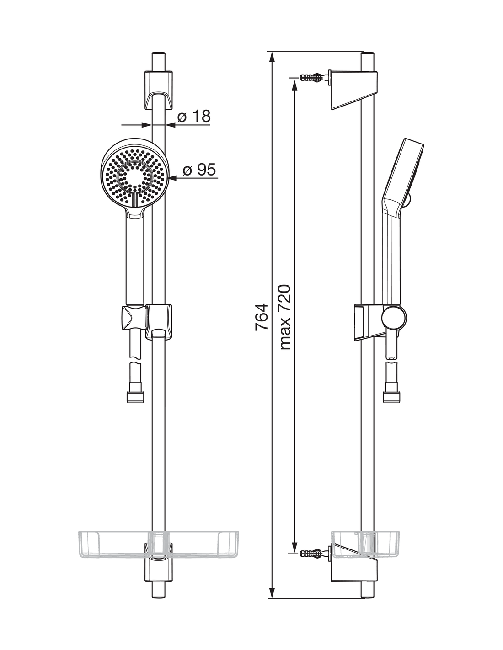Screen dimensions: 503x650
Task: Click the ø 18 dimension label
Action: pyautogui.click(x=193, y=116)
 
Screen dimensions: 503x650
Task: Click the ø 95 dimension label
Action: pyautogui.click(x=199, y=170)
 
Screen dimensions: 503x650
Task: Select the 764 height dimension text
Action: pyautogui.click(x=262, y=317)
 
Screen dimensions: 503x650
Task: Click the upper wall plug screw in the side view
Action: pyautogui.click(x=312, y=77)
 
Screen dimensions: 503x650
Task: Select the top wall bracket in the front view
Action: pyautogui.click(x=159, y=90)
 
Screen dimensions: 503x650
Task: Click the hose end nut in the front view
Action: pyautogui.click(x=135, y=397)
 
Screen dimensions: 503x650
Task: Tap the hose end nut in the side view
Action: pyautogui.click(x=392, y=397)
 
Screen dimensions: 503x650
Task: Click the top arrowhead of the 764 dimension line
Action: pyautogui.click(x=272, y=58)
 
